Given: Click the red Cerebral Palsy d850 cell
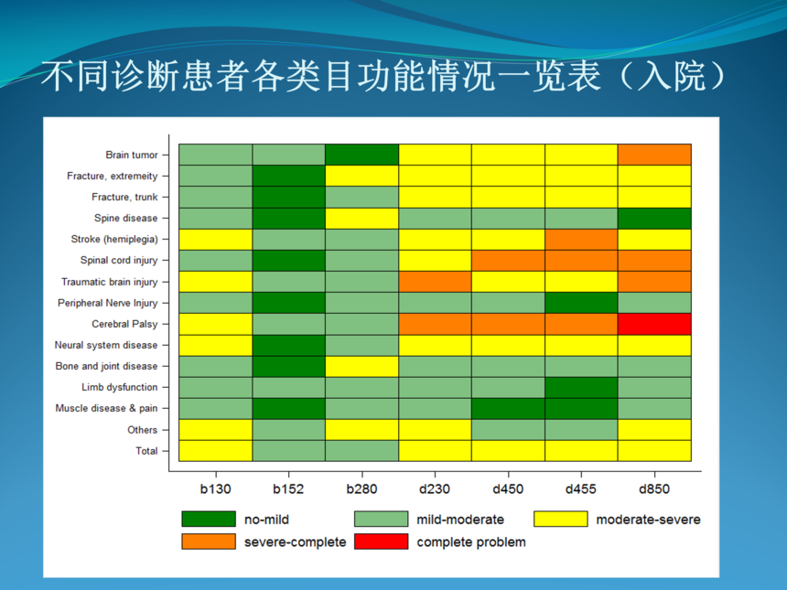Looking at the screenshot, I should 654,324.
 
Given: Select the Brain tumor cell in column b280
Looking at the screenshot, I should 361,155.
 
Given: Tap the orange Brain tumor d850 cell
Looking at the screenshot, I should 654,155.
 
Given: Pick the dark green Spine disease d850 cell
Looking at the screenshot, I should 654,219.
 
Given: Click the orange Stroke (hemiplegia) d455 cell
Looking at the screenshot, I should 581,240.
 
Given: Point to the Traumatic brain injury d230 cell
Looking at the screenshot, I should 435,282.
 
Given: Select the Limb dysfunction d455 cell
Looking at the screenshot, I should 581,388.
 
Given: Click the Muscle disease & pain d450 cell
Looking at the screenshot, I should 508,409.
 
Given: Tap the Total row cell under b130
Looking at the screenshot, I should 215,451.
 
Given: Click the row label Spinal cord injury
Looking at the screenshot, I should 119,261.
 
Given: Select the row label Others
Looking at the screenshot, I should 143,430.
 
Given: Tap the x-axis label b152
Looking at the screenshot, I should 288,489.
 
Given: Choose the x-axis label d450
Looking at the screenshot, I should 508,489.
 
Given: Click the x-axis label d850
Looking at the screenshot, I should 654,489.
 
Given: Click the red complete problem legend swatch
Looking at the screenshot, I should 381,542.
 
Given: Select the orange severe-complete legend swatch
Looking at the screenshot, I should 209,542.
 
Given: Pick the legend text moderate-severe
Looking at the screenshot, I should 648,520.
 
